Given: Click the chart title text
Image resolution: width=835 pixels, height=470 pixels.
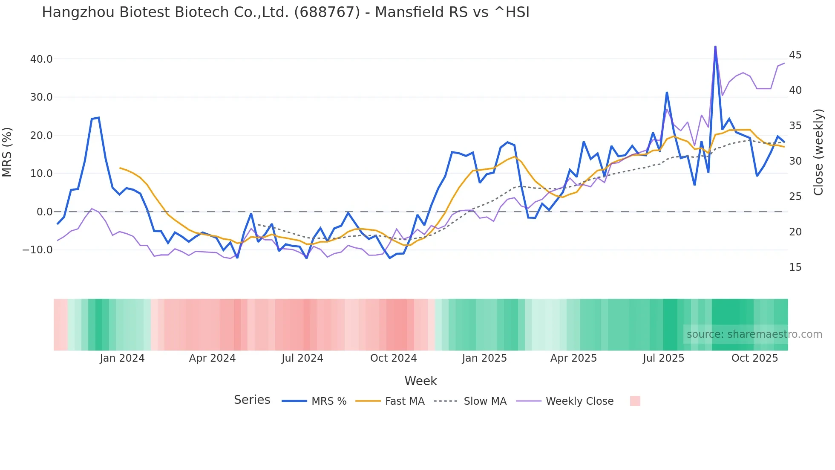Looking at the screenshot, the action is (285, 12).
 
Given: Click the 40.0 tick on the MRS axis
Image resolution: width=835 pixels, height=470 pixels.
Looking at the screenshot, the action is (41, 59).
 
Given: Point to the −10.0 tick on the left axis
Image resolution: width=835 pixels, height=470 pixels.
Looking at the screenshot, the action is (37, 250).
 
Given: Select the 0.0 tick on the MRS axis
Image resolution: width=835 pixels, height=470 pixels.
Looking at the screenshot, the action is (44, 212).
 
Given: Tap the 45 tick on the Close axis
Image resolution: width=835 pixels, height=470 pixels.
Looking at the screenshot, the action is (795, 55).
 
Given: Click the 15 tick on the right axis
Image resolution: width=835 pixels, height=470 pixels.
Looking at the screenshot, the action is (795, 267).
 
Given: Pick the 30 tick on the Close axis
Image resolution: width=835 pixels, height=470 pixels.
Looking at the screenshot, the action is (795, 161).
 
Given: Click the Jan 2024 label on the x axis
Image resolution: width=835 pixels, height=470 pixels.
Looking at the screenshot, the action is (122, 358).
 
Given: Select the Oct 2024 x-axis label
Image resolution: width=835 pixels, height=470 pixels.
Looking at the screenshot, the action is (393, 358).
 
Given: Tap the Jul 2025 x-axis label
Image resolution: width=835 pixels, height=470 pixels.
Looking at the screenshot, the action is (663, 358).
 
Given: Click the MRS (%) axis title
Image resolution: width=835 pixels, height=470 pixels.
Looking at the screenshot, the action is (7, 152).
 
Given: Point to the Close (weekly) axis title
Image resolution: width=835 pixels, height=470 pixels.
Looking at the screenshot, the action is (818, 152).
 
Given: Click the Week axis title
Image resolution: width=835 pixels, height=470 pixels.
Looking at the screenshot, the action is (420, 381).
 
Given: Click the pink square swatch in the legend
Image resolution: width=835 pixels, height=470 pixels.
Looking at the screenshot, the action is (635, 401).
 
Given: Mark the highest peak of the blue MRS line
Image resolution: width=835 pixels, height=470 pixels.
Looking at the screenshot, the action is (715, 46).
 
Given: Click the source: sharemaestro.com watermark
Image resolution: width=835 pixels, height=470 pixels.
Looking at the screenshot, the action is (754, 334).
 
